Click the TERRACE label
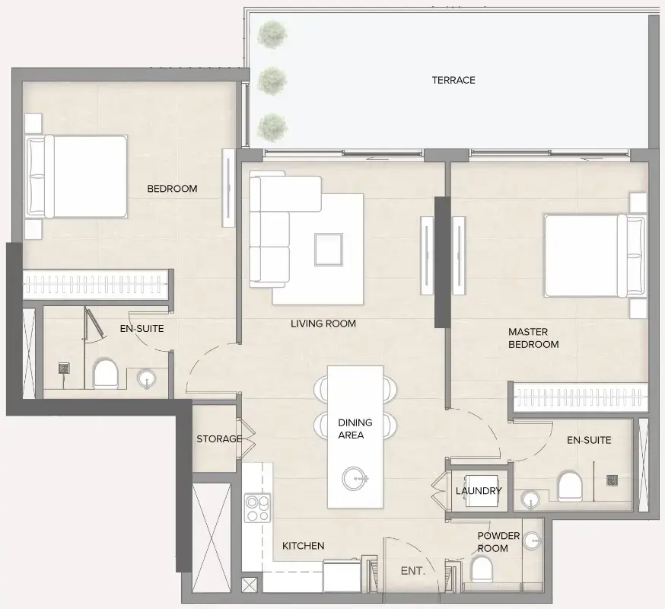pyautogui.click(x=453, y=80)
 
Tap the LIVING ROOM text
pyautogui.click(x=323, y=324)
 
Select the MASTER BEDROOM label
pyautogui.click(x=533, y=338)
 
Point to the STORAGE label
pyautogui.click(x=219, y=439)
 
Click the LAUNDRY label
pyautogui.click(x=479, y=491)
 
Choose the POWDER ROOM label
pyautogui.click(x=498, y=542)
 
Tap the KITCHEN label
pyautogui.click(x=304, y=546)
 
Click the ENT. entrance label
pyautogui.click(x=413, y=570)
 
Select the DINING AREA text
pyautogui.click(x=355, y=429)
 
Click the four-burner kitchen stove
pyautogui.click(x=257, y=508)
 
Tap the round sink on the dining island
pyautogui.click(x=355, y=478)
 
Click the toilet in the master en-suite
pyautogui.click(x=570, y=486)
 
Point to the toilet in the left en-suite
pyautogui.click(x=105, y=374)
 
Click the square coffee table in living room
pyautogui.click(x=329, y=247)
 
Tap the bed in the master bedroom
pyautogui.click(x=586, y=255)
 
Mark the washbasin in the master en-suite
pyautogui.click(x=530, y=499)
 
